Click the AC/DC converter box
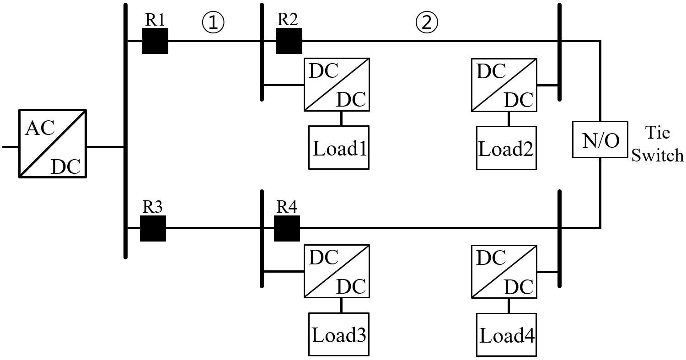point(52,143)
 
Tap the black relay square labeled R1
point(155,41)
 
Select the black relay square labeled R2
point(289,41)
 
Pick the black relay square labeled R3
point(153,228)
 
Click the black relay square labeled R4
point(287,228)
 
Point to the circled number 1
point(213,23)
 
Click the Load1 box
point(339,147)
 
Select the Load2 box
point(506,147)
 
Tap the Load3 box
point(339,334)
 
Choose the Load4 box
point(506,334)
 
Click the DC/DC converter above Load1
point(337,84)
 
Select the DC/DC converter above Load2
point(504,84)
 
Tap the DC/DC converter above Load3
point(337,271)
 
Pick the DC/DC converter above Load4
point(504,271)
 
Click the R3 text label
point(152,207)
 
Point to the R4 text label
point(287,207)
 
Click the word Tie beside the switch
point(657,133)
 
